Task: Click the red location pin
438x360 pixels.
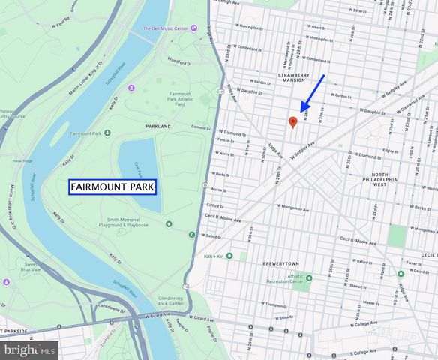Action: [293, 121]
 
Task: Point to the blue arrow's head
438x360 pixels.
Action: [302, 109]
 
